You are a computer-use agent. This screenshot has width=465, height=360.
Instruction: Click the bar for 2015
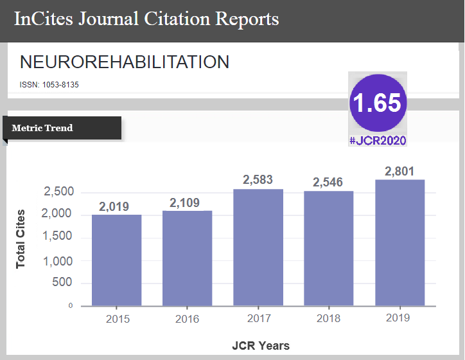(116, 260)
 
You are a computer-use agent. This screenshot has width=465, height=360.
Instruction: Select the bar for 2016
(187, 258)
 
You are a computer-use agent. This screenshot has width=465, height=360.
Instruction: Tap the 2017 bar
(258, 247)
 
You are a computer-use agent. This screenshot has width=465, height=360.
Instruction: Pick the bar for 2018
(328, 248)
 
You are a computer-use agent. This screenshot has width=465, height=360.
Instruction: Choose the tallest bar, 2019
(399, 242)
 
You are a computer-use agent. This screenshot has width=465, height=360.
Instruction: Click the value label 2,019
(114, 207)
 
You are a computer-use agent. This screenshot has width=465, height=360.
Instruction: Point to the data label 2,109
(186, 203)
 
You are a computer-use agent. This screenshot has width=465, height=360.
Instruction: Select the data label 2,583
(258, 181)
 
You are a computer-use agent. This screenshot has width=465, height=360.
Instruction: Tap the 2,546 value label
(329, 183)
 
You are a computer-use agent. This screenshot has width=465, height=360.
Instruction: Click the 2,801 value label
(399, 172)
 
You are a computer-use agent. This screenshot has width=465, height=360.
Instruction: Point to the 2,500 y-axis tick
(59, 192)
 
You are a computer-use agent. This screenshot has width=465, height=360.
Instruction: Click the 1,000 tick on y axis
(59, 262)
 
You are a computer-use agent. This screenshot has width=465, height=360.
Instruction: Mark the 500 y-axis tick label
(63, 283)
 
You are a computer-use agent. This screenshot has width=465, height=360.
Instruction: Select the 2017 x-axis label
(258, 318)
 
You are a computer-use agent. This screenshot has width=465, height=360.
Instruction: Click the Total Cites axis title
(21, 239)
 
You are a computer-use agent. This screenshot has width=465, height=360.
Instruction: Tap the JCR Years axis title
(260, 346)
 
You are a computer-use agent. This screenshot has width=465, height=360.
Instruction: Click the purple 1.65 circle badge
(377, 103)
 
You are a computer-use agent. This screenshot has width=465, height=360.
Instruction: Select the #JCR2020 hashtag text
(378, 140)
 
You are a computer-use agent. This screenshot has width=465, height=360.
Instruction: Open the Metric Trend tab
(42, 128)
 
